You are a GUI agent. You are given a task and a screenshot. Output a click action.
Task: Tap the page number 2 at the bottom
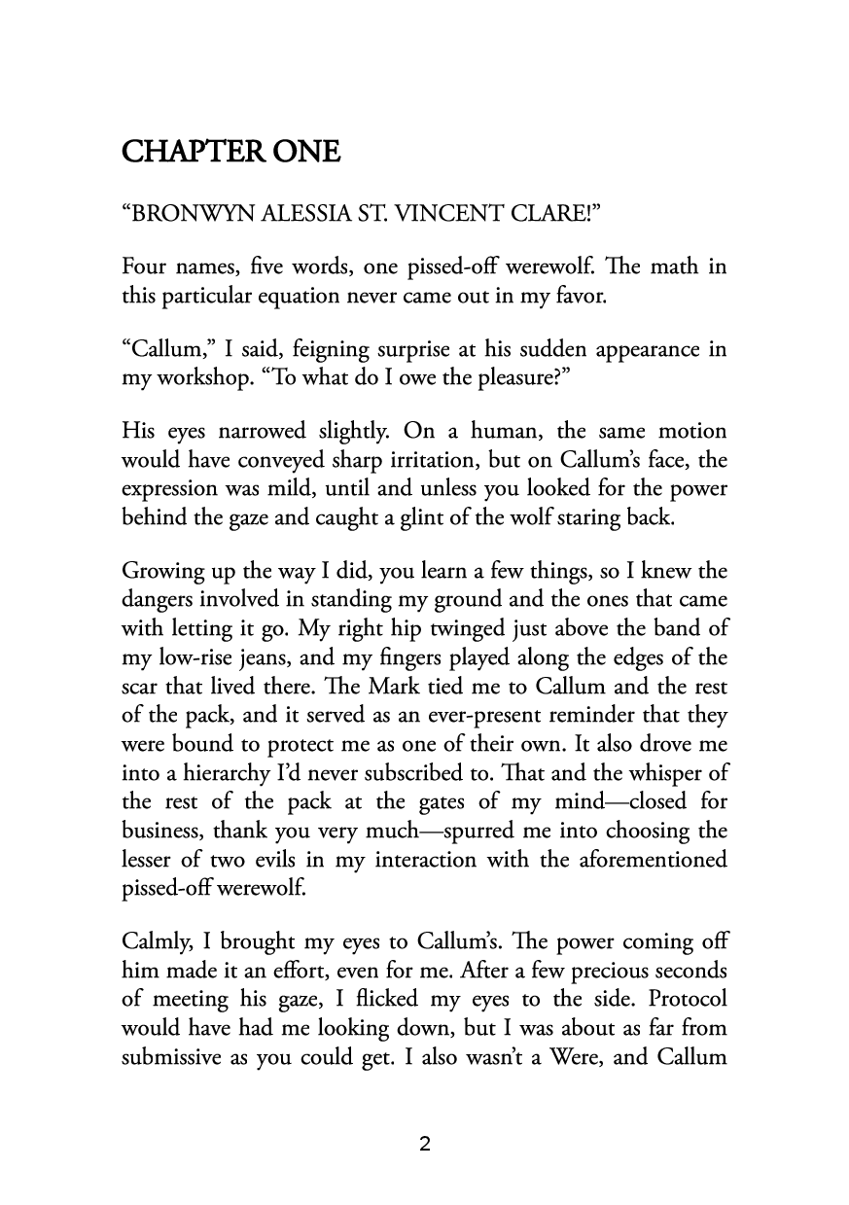[x=425, y=1144]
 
